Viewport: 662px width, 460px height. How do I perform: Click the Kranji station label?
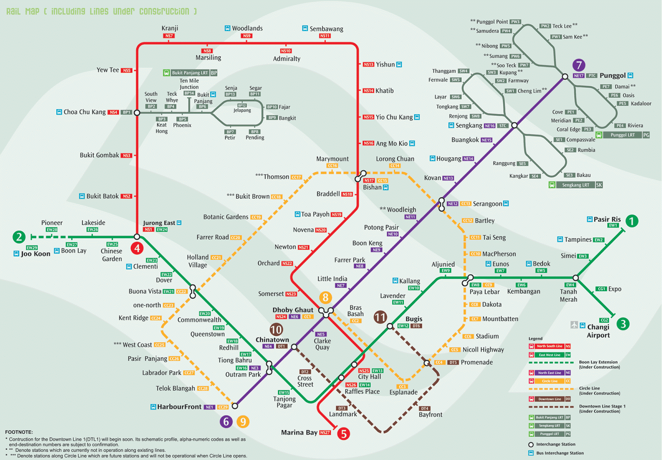click(170, 28)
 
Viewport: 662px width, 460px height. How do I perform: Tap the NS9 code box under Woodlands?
click(247, 36)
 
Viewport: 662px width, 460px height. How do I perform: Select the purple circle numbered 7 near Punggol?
click(579, 65)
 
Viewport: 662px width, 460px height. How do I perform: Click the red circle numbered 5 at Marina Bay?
click(343, 434)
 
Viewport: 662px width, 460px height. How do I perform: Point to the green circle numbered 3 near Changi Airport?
click(623, 323)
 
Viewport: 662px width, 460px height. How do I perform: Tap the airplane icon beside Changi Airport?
click(574, 325)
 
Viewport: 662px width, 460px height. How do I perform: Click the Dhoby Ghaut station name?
click(293, 310)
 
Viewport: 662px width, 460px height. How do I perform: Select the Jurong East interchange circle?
click(137, 237)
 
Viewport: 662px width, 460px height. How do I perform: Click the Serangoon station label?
click(487, 204)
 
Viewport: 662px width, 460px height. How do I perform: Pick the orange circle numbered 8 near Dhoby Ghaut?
click(325, 297)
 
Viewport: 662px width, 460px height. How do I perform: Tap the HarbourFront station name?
click(179, 407)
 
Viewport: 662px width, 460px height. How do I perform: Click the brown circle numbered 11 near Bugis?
click(380, 317)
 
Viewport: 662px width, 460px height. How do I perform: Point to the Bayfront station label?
click(430, 414)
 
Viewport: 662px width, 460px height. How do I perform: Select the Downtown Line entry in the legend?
click(549, 399)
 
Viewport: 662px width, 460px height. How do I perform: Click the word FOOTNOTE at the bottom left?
click(19, 432)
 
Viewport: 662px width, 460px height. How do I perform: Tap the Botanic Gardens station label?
click(226, 217)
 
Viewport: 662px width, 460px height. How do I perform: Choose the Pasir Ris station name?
click(607, 219)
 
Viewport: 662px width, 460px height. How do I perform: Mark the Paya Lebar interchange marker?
click(468, 281)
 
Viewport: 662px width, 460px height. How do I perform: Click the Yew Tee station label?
click(108, 70)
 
